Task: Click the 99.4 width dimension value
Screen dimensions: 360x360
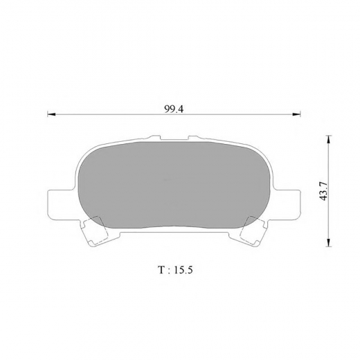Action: [x=174, y=109]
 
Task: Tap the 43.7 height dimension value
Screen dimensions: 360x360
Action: [x=324, y=191]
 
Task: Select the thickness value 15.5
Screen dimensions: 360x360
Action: [x=183, y=270]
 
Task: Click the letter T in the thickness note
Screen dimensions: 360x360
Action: [x=161, y=270]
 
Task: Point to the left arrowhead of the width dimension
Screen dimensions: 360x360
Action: [x=51, y=114]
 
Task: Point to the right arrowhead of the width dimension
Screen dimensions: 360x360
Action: [x=296, y=114]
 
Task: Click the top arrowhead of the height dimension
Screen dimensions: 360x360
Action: [x=328, y=140]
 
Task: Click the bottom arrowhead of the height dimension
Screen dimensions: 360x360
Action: [x=328, y=243]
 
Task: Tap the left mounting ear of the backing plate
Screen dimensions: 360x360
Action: [x=61, y=204]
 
